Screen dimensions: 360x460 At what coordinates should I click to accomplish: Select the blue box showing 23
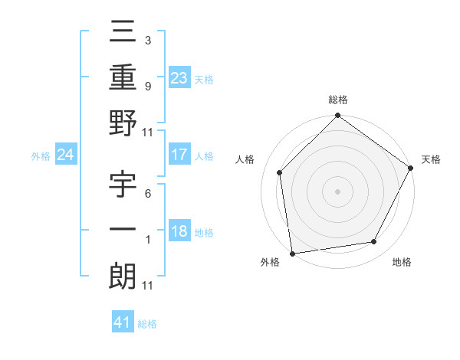pos(179,77)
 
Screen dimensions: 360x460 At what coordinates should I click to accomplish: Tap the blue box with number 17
pos(179,155)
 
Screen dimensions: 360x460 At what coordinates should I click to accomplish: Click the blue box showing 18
pos(179,232)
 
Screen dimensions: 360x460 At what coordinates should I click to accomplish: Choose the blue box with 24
pos(65,155)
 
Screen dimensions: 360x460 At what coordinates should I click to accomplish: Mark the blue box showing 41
pos(123,322)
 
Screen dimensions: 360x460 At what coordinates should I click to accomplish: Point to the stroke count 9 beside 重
pos(147,86)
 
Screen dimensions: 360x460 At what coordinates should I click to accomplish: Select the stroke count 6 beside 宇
pos(147,195)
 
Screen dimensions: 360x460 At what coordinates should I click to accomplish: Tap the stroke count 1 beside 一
pos(147,239)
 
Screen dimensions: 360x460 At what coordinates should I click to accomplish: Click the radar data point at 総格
pos(337,116)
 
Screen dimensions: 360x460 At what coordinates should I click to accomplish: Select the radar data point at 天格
pos(410,169)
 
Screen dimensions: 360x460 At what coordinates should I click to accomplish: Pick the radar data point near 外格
pos(292,253)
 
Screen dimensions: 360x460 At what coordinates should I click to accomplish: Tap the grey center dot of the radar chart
pos(337,191)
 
